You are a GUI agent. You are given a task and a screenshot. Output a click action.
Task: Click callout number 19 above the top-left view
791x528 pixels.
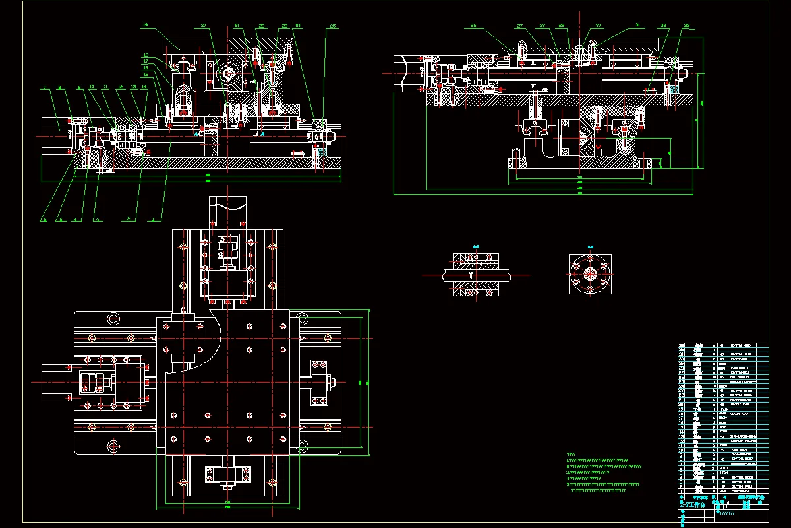point(145,25)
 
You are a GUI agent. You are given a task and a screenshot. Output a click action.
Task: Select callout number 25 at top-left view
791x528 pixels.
point(333,26)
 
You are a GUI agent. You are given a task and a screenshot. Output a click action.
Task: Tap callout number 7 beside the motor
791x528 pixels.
point(44,87)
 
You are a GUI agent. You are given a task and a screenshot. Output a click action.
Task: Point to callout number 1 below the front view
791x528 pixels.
point(154,218)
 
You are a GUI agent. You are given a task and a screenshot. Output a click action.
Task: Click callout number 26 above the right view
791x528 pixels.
point(474,26)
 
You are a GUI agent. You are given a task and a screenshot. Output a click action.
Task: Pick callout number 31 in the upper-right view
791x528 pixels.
point(637,26)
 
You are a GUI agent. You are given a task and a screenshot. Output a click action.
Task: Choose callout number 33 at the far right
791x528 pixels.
point(688,26)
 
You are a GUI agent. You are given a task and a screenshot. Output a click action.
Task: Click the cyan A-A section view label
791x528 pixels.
point(476,246)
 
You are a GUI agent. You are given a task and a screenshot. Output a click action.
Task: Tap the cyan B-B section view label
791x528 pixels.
point(591,246)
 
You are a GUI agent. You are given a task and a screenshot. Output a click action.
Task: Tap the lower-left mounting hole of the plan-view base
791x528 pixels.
point(113,446)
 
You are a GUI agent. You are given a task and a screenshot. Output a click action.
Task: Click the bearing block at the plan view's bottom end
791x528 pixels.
point(229,477)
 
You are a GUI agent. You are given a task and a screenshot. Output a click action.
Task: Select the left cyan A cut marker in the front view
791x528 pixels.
point(196,133)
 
